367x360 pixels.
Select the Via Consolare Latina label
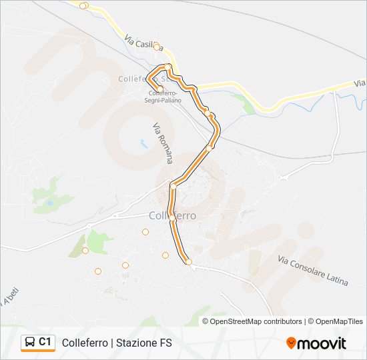coord(312,271)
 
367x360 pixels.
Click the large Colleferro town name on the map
coord(172,215)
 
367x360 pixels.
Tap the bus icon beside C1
coord(30,342)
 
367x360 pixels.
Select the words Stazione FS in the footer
coord(143,343)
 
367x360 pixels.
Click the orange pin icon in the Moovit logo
coord(291,343)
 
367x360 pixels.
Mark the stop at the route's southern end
coord(189,262)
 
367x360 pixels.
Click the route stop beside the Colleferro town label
coord(172,218)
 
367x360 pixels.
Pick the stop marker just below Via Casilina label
coord(157,47)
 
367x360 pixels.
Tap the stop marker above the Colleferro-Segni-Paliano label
coord(160,88)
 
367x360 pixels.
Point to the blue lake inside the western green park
coord(49,201)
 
